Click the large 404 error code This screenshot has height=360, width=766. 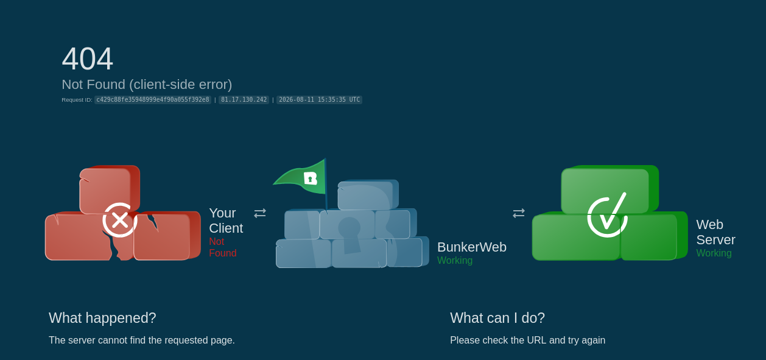click(x=87, y=59)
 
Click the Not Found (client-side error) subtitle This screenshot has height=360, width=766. click(x=147, y=85)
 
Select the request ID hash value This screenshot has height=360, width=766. click(x=153, y=99)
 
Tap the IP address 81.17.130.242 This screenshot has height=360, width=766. click(x=244, y=99)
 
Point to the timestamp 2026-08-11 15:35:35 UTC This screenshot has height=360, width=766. click(x=320, y=99)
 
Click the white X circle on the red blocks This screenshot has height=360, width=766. click(x=120, y=220)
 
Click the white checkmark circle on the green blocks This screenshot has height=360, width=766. click(x=607, y=215)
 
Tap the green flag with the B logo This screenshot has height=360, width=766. click(x=300, y=177)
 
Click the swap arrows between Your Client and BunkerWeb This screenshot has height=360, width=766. click(x=260, y=213)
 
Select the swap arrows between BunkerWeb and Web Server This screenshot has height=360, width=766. click(x=519, y=213)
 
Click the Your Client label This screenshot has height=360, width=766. click(x=226, y=221)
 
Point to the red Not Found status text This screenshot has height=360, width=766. click(x=223, y=247)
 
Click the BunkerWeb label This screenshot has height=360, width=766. click(x=471, y=247)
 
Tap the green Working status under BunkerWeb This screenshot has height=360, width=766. click(x=455, y=261)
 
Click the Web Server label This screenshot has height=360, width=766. click(x=715, y=232)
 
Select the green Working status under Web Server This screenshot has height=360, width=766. click(x=714, y=253)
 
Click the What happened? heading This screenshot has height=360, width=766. click(x=102, y=318)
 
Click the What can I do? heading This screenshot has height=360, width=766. click(x=497, y=318)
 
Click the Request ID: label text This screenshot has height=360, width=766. click(x=77, y=100)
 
